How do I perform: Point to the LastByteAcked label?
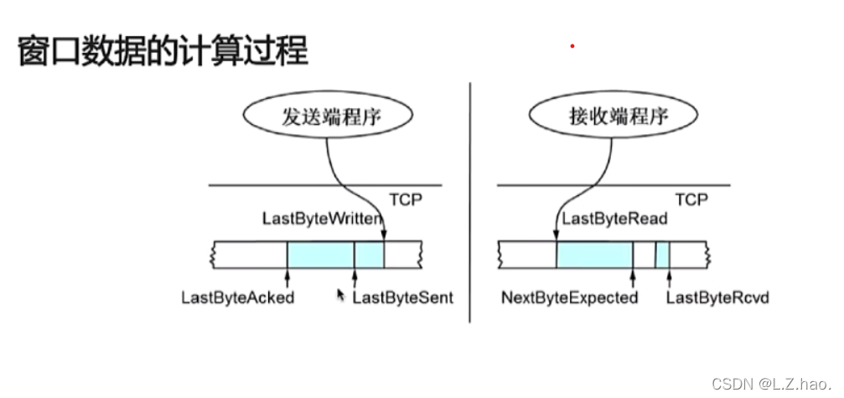[x=238, y=297]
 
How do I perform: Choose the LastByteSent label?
[x=402, y=297]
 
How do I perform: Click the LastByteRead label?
[x=614, y=220]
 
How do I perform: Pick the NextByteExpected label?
[x=569, y=297]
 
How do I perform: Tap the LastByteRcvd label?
[x=717, y=297]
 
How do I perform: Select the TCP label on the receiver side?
[x=691, y=200]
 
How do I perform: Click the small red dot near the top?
[x=572, y=46]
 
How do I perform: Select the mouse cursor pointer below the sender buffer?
[x=339, y=294]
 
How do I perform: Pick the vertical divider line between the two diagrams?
[x=470, y=201]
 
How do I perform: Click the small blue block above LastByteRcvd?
[x=662, y=254]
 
